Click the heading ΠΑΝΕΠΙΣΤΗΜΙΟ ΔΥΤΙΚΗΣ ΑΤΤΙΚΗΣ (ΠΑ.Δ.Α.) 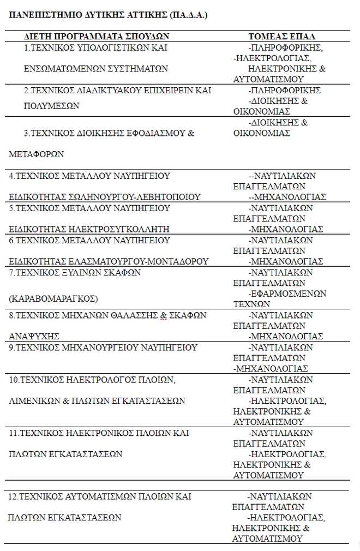click(108, 15)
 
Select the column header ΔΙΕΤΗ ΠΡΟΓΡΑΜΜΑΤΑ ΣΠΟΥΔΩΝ click(97, 36)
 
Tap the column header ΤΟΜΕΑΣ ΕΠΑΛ click(282, 36)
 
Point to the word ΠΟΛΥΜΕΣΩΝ click(44, 106)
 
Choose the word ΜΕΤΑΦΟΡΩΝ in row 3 click(37, 154)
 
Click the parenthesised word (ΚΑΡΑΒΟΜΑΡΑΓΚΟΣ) click(53, 299)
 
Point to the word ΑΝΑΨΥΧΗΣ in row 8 click(34, 336)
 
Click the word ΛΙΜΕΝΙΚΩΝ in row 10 click(35, 400)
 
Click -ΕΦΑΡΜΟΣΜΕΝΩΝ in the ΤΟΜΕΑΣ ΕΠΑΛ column click(287, 294)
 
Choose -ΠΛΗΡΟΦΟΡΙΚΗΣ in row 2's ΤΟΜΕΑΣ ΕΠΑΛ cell click(284, 90)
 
